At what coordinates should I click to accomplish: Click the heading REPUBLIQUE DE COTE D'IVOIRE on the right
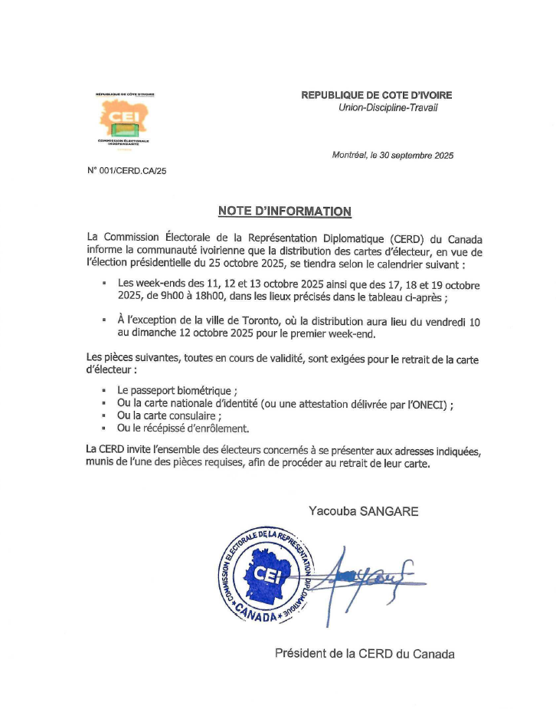click(x=376, y=95)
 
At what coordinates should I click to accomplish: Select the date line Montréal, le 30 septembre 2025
click(x=392, y=155)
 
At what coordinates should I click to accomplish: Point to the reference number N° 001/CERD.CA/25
click(x=127, y=170)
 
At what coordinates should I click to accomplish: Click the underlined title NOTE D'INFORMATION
click(x=284, y=211)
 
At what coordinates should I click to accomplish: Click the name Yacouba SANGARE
click(x=363, y=510)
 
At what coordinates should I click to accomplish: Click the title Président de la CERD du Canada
click(x=365, y=654)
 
